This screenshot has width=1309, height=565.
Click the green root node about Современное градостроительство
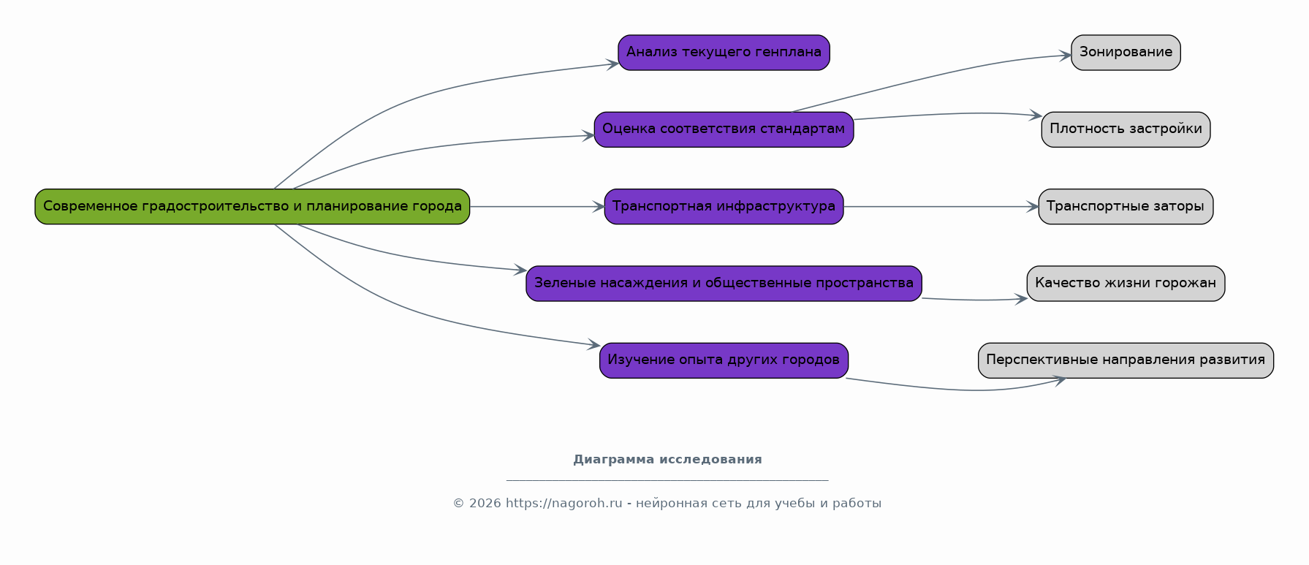click(x=252, y=207)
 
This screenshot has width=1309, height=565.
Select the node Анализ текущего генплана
click(x=724, y=53)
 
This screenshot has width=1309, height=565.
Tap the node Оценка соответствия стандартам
click(x=724, y=129)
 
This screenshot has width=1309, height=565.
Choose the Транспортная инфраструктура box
click(x=724, y=207)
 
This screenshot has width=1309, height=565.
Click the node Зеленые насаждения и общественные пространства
click(x=724, y=284)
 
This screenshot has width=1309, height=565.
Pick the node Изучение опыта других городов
click(x=724, y=360)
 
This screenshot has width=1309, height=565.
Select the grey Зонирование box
click(x=1126, y=53)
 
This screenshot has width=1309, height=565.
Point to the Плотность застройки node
click(x=1126, y=129)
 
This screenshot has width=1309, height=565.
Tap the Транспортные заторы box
click(x=1126, y=207)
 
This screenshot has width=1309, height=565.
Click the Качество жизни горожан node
click(x=1126, y=284)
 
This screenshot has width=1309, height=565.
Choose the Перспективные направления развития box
click(x=1126, y=360)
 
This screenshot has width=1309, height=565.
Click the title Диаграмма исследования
click(x=667, y=460)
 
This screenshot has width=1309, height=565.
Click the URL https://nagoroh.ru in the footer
click(x=564, y=504)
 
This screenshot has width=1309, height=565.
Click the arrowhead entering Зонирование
click(x=1066, y=56)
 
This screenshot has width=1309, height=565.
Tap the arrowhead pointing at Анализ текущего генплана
click(x=613, y=65)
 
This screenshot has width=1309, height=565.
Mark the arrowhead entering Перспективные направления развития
click(x=1059, y=379)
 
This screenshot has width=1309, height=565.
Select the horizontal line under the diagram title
click(x=667, y=480)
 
